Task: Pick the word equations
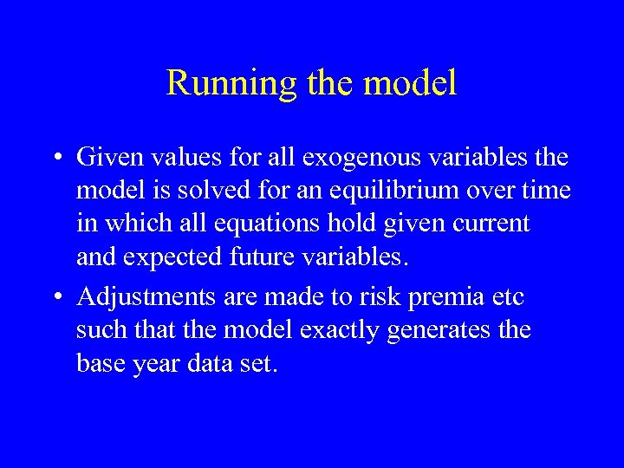point(258,224)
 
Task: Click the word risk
point(381,297)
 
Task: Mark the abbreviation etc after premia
point(507,297)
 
